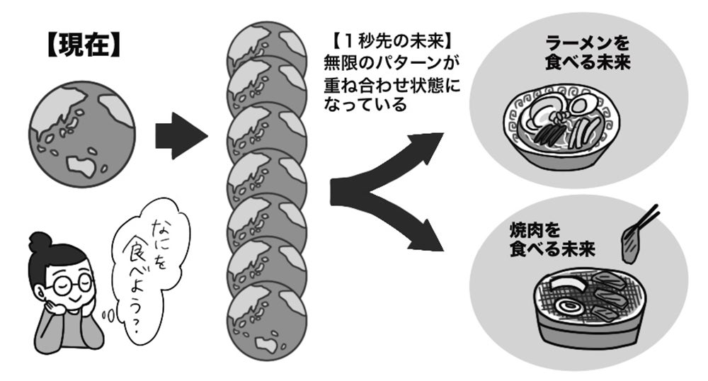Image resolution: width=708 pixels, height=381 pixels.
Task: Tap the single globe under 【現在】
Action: coord(82,135)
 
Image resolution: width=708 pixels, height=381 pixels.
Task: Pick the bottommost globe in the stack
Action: coord(266,322)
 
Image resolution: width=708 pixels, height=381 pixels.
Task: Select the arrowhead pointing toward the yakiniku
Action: coord(429,241)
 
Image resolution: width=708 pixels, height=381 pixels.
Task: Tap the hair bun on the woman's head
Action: coord(42,241)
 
